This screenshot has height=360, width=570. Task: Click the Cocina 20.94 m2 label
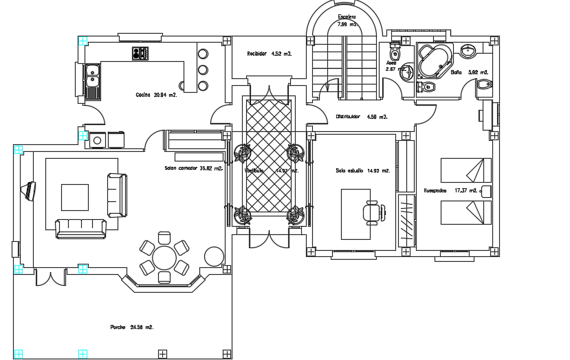156,95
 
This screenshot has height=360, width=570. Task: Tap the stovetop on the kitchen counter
140,53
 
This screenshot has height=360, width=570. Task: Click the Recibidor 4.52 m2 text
270,53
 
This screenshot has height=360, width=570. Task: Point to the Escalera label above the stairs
347,17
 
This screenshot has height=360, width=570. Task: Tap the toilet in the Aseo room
395,53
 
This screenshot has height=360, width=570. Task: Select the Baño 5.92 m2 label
469,71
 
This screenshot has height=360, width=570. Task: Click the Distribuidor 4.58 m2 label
362,117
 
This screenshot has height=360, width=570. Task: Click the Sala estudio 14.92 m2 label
362,170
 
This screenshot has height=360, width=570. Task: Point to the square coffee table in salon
75,196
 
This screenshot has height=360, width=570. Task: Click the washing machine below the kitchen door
97,140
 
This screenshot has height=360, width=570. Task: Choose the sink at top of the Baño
470,50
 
